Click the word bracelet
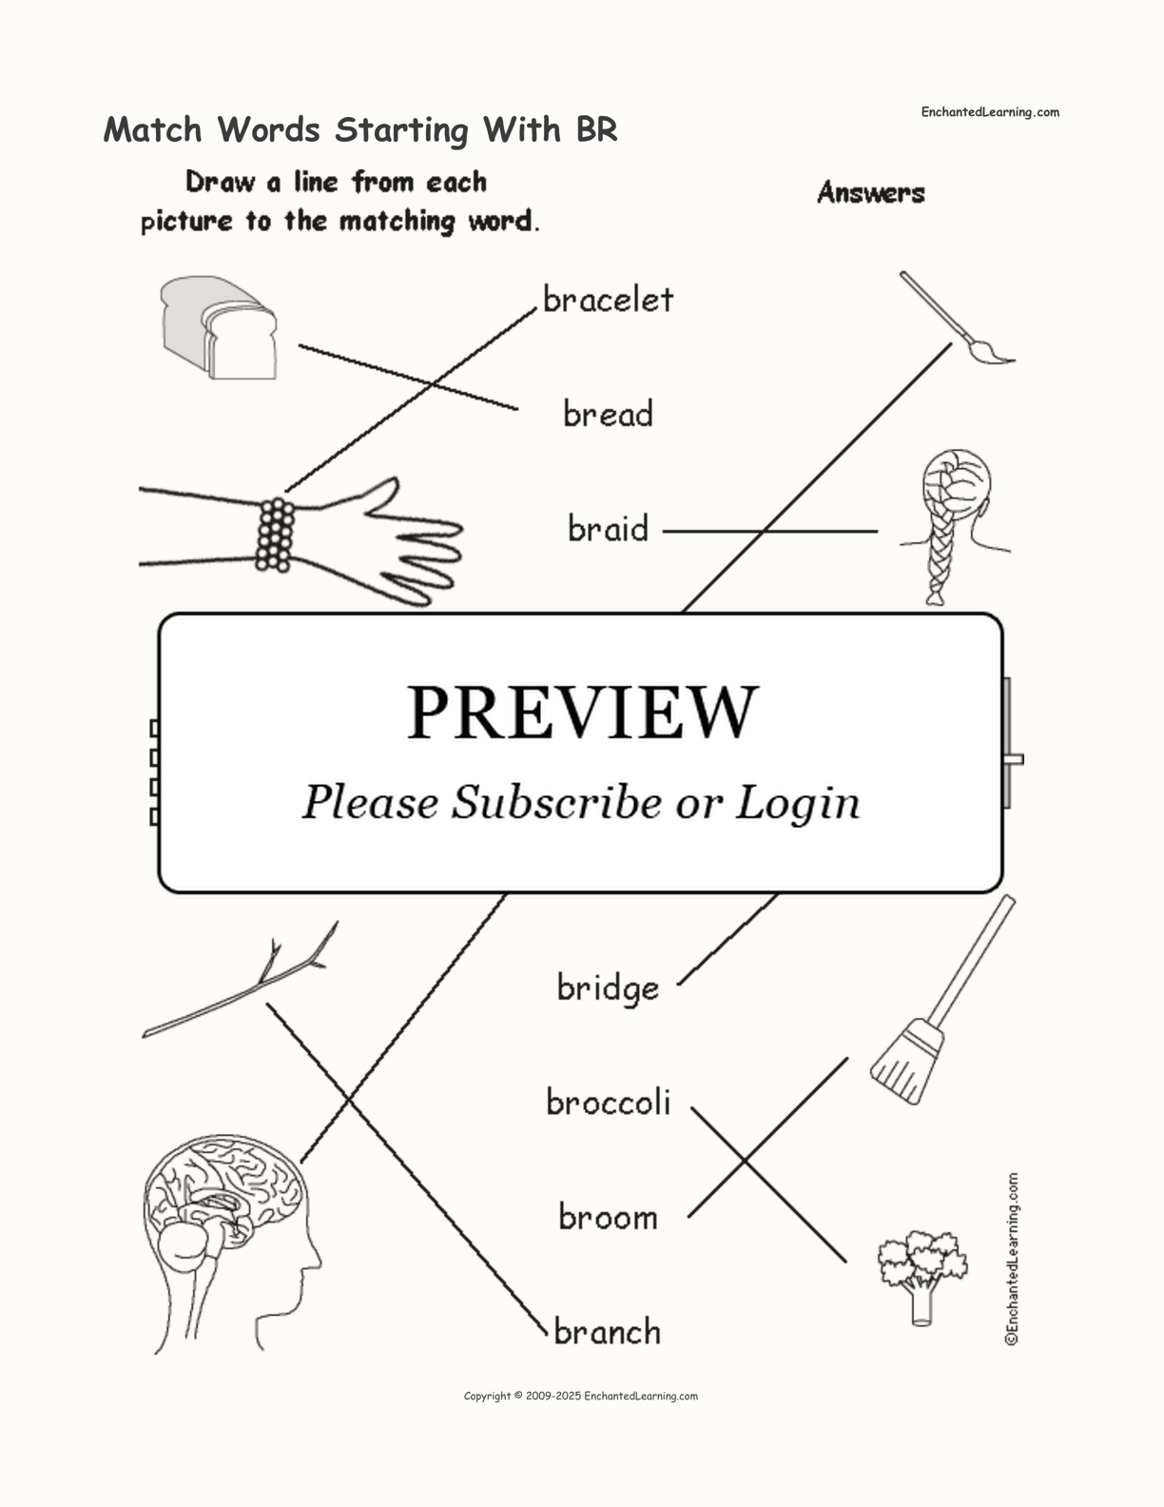pyautogui.click(x=608, y=300)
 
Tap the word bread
pyautogui.click(x=608, y=413)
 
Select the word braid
pyautogui.click(x=608, y=528)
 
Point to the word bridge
pyautogui.click(x=608, y=988)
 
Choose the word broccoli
pyautogui.click(x=608, y=1102)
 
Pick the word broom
pyautogui.click(x=608, y=1217)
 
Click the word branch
pyautogui.click(x=608, y=1331)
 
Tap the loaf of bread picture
pyautogui.click(x=219, y=327)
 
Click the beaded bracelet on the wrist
pyautogui.click(x=275, y=535)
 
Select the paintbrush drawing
pyautogui.click(x=957, y=318)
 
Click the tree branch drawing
pyautogui.click(x=240, y=979)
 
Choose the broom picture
pyautogui.click(x=942, y=1000)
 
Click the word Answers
pyautogui.click(x=871, y=192)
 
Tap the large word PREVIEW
pyautogui.click(x=582, y=713)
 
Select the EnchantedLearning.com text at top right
pyautogui.click(x=990, y=112)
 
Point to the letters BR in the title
pyautogui.click(x=596, y=129)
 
